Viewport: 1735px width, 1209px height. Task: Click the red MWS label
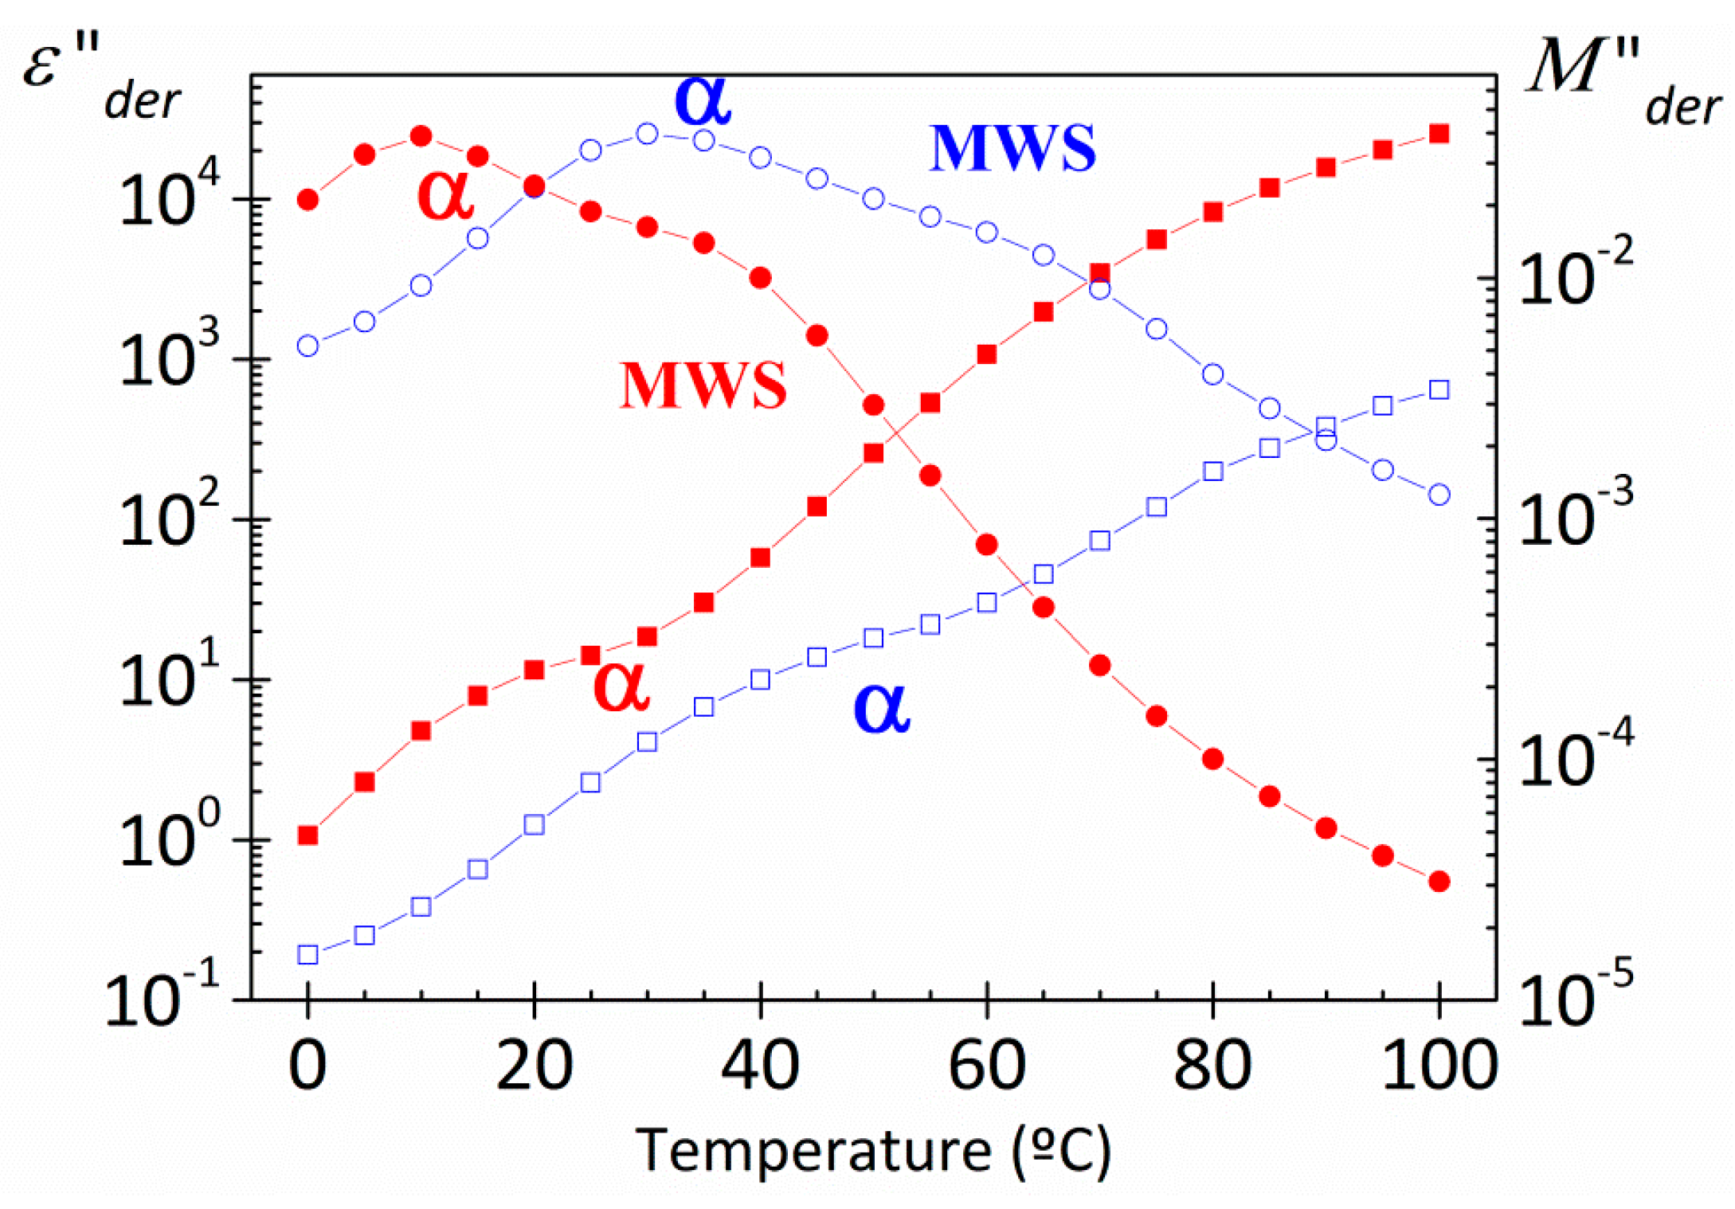pos(703,385)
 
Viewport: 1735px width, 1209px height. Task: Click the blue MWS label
pos(1012,148)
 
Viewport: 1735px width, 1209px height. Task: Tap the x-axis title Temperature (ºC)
pos(873,1152)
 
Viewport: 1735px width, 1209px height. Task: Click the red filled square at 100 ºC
pos(1439,134)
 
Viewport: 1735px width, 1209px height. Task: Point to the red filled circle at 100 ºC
pos(1439,881)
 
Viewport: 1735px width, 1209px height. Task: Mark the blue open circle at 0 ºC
pos(307,346)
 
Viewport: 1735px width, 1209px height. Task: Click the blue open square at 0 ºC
pos(307,954)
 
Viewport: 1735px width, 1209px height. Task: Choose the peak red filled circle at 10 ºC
pos(421,136)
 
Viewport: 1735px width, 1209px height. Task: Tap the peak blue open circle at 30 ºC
pos(648,133)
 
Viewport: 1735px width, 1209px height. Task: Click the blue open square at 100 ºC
pos(1439,389)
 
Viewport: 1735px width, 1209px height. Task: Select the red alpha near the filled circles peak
pos(445,194)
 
